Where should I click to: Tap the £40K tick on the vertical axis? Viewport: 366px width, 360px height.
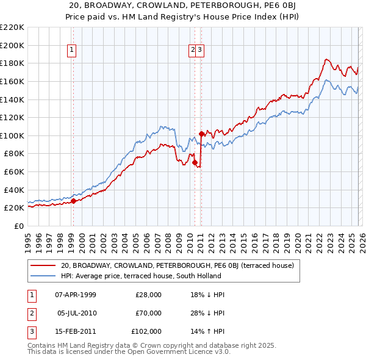pos(14,190)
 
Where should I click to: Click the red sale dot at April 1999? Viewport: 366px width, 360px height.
pos(73,201)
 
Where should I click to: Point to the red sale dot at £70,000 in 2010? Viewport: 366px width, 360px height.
pos(195,162)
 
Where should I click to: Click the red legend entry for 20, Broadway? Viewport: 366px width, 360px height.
pos(177,265)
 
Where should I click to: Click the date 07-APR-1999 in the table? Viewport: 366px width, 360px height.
pos(76,294)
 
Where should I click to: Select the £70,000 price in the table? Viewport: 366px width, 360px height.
pos(149,313)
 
